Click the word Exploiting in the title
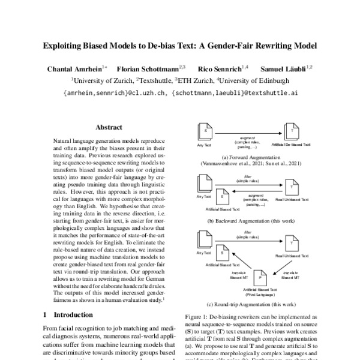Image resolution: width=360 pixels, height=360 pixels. tap(65, 46)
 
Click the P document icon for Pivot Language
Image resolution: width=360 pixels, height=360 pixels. tap(259, 279)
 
